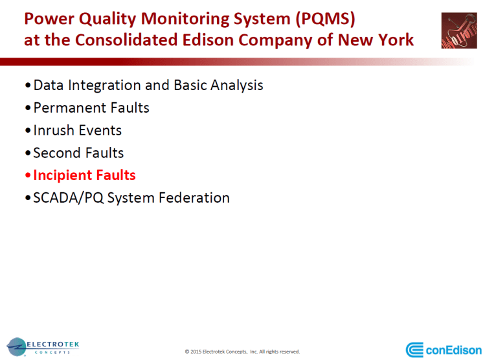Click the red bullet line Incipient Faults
(x=84, y=175)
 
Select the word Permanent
(x=71, y=107)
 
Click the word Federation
(x=193, y=197)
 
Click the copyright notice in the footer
(x=242, y=352)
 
